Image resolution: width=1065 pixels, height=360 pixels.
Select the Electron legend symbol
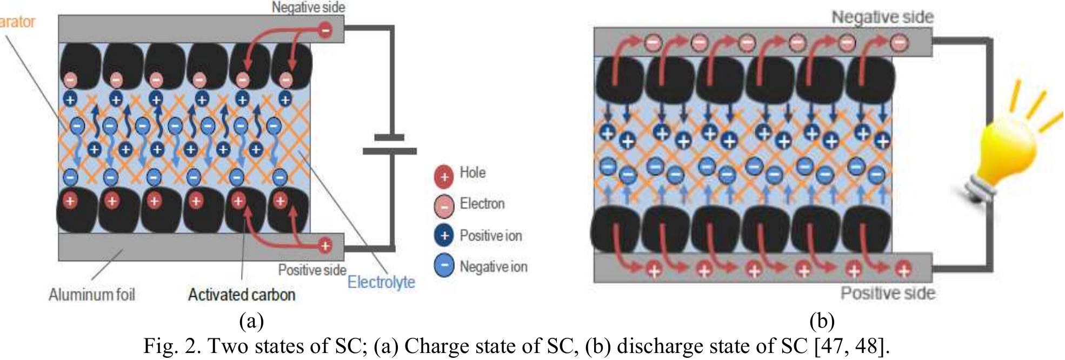pyautogui.click(x=443, y=206)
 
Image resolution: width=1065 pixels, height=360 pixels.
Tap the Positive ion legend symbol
pyautogui.click(x=443, y=236)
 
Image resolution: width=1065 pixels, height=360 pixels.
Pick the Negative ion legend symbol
pyautogui.click(x=443, y=266)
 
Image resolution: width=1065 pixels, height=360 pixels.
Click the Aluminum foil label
pyautogui.click(x=91, y=295)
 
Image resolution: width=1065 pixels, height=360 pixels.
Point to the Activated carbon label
pyautogui.click(x=242, y=295)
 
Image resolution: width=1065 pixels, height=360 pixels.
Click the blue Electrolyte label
pyautogui.click(x=381, y=282)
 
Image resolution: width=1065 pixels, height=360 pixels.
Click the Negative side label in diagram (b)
pyautogui.click(x=882, y=17)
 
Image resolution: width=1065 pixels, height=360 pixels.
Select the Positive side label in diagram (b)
pyautogui.click(x=888, y=293)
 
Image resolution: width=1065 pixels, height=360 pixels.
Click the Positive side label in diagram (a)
pyautogui.click(x=312, y=270)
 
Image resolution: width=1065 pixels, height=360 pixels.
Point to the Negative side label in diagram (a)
pyautogui.click(x=308, y=8)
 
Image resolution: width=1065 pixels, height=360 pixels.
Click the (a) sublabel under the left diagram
pyautogui.click(x=251, y=321)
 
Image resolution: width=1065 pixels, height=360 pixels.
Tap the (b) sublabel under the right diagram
pyautogui.click(x=822, y=321)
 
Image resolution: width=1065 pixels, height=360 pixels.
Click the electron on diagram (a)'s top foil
pyautogui.click(x=325, y=30)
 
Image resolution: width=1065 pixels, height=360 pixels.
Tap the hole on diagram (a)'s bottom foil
pyautogui.click(x=325, y=246)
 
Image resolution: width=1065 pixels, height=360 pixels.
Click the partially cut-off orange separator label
pyautogui.click(x=17, y=22)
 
